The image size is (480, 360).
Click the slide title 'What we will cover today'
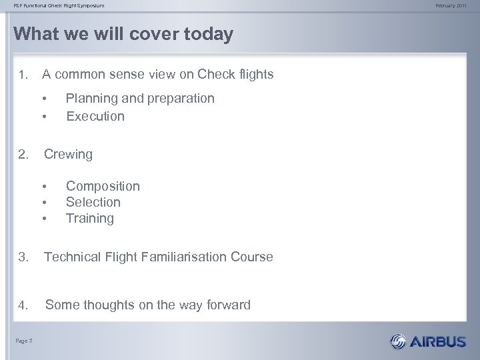coord(123,35)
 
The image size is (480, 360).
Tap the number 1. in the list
coord(24,75)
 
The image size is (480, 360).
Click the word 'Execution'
coord(95,116)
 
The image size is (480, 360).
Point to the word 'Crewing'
coord(68,154)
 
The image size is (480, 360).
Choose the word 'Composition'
coord(103,186)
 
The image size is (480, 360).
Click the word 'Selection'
coord(93,202)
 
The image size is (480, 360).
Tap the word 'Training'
coord(90,218)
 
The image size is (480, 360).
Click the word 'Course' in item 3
coord(251,257)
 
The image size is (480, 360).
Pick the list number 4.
coord(24,306)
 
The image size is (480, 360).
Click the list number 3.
coord(24,257)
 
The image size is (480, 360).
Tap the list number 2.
coord(24,155)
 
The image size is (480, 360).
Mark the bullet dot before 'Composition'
coord(44,186)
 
